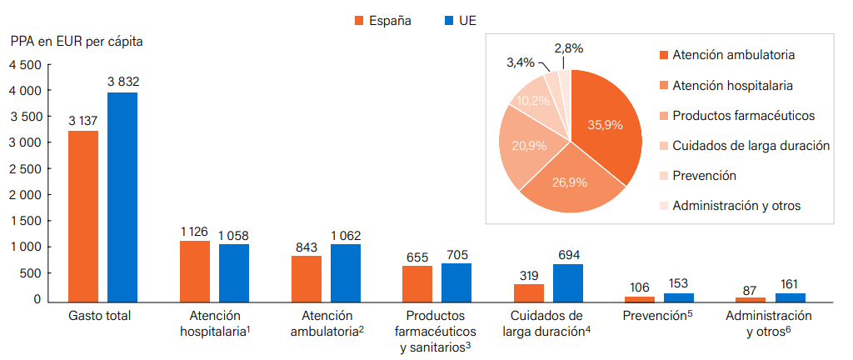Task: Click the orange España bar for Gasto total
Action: click(x=83, y=217)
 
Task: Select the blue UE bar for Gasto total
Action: click(x=122, y=197)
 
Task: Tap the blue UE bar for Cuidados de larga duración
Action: click(x=568, y=282)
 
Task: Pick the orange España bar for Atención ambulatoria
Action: click(x=306, y=278)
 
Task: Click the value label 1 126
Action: click(x=194, y=232)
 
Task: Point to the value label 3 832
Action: click(x=123, y=82)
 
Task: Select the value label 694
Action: click(x=568, y=254)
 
